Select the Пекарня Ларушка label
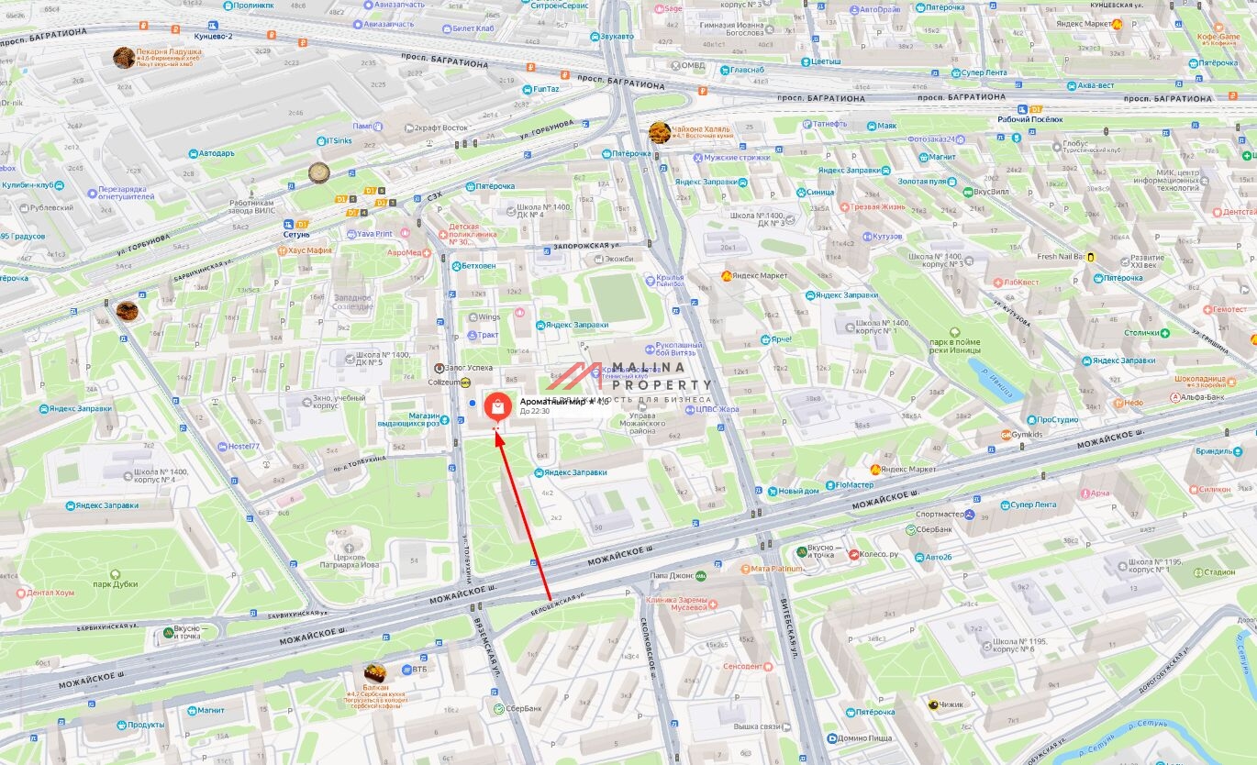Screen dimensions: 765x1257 pos(168,52)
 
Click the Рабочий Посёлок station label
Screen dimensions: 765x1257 pos(1029,119)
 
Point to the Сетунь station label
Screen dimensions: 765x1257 pos(296,234)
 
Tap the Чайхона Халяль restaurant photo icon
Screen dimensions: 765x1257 pos(660,132)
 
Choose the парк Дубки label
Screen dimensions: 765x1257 pos(116,583)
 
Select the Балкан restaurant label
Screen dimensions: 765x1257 pos(375,686)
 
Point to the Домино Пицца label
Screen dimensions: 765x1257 pos(865,738)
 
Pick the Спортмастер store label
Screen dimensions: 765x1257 pos(940,515)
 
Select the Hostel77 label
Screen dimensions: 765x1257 pos(244,446)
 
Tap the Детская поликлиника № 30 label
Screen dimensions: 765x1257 pos(472,234)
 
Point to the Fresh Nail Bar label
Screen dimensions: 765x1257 pos(1060,257)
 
